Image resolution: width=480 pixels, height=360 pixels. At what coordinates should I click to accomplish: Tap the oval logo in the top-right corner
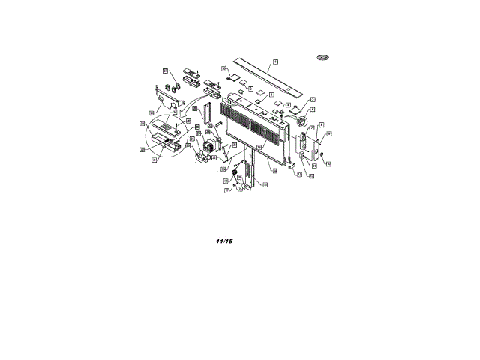[323, 58]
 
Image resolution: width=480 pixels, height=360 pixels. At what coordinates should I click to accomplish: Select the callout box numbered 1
[275, 61]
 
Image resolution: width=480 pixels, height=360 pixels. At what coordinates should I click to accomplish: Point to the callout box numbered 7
[311, 129]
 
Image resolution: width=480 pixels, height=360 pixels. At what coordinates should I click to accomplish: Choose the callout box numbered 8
[321, 124]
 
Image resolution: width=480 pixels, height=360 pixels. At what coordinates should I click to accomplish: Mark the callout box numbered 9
[328, 133]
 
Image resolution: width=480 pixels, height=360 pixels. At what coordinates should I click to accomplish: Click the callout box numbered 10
[328, 163]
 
